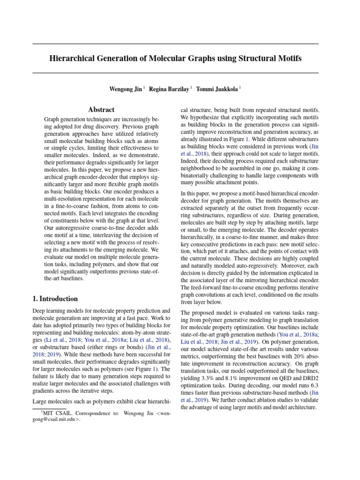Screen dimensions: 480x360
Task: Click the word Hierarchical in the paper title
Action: tap(73, 59)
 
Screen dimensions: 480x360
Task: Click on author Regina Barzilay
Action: tap(170, 89)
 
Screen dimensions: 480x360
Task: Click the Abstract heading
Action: tap(102, 110)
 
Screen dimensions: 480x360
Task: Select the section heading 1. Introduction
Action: tap(55, 299)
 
